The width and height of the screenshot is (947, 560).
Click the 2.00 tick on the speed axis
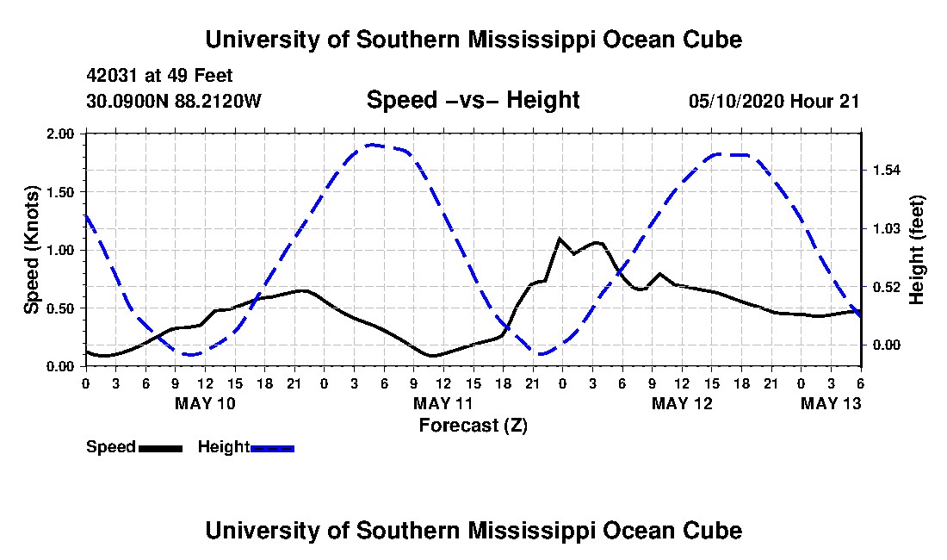click(x=59, y=134)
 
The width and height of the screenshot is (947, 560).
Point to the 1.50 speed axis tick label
click(x=59, y=192)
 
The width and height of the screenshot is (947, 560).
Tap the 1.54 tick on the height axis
click(x=887, y=171)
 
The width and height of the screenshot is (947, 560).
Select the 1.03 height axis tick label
click(x=887, y=229)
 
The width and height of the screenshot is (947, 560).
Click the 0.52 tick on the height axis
click(x=887, y=287)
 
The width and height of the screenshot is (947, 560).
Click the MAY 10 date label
click(x=205, y=403)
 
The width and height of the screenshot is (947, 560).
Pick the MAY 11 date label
click(x=443, y=403)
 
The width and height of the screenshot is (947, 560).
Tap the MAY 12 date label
click(x=682, y=403)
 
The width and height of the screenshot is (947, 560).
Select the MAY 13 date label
click(x=831, y=403)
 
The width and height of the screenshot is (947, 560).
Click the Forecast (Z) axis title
click(x=473, y=426)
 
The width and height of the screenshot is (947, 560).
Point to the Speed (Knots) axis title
click(x=31, y=250)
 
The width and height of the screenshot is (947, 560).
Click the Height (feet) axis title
click(x=916, y=250)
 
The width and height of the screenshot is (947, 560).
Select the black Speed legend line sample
click(x=160, y=448)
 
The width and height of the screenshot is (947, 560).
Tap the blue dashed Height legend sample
click(x=272, y=448)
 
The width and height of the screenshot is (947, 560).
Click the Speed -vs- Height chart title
click(x=473, y=100)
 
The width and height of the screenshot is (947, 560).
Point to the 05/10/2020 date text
click(x=736, y=101)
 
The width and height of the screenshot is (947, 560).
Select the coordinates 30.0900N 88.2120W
click(x=174, y=100)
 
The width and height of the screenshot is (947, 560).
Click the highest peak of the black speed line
click(x=560, y=239)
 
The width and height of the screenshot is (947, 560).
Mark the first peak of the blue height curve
click(x=374, y=145)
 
